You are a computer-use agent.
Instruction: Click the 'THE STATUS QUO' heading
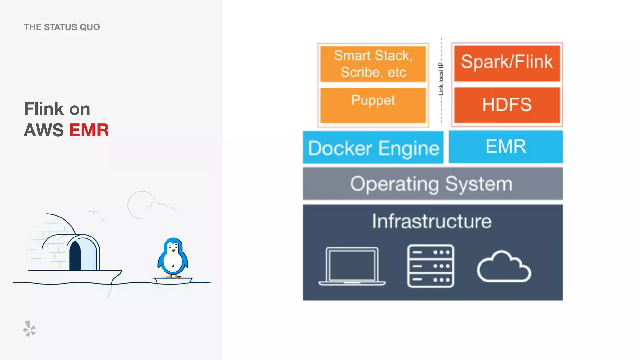(62, 27)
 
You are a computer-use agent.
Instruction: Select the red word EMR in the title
(89, 130)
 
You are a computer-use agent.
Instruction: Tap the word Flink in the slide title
(44, 109)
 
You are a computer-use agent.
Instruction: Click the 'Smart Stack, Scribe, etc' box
(373, 64)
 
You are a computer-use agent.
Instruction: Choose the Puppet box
(373, 105)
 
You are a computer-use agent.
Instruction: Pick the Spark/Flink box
(507, 62)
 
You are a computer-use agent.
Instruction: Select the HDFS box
(507, 105)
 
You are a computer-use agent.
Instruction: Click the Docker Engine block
(373, 147)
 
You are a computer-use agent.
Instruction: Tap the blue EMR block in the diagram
(506, 147)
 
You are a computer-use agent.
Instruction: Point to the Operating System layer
(433, 184)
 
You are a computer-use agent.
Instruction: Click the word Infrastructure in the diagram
(432, 221)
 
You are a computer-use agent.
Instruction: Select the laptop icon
(352, 266)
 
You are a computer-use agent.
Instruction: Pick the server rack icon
(431, 266)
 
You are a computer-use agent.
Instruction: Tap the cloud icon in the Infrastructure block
(504, 268)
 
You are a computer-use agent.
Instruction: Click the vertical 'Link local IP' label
(441, 79)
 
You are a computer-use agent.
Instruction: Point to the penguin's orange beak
(173, 250)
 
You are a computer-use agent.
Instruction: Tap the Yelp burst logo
(29, 329)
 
